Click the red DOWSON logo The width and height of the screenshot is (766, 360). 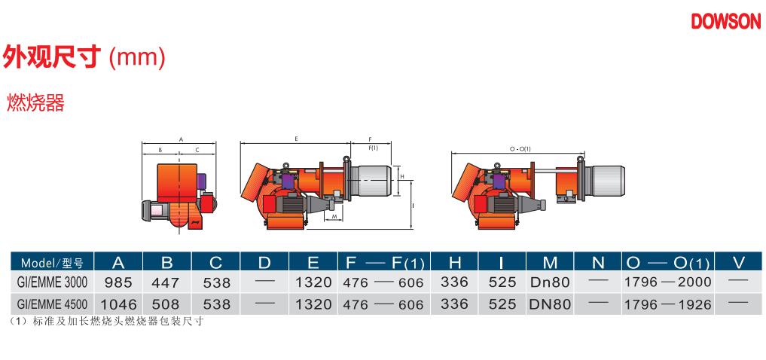tap(726, 21)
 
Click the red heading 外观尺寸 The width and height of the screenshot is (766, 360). tap(52, 56)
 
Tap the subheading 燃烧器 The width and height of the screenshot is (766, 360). tap(35, 103)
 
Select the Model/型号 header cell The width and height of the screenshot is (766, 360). tap(52, 263)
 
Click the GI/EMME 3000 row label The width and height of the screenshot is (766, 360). tap(52, 282)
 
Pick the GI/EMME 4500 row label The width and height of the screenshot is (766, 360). tap(52, 305)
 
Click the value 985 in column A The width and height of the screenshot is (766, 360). tap(118, 282)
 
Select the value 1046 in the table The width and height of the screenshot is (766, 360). tap(119, 305)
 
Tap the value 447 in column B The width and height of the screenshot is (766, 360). tap(167, 282)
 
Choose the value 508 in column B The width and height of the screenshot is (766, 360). tap(167, 305)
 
